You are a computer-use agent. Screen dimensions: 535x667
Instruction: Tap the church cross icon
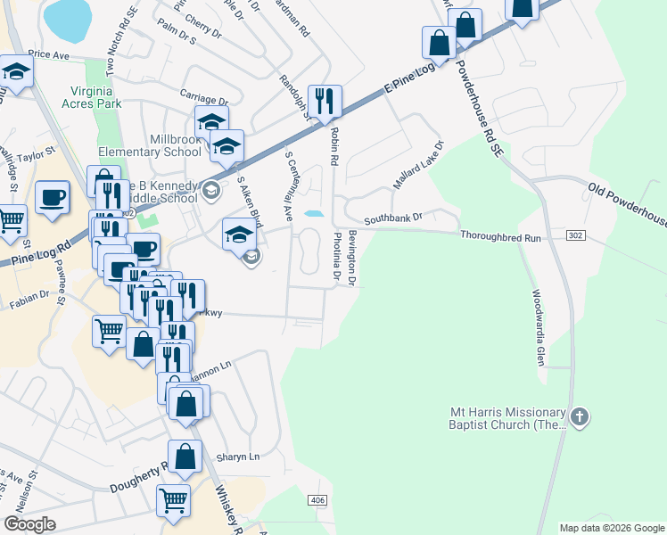580,416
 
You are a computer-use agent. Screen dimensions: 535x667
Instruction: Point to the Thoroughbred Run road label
501,238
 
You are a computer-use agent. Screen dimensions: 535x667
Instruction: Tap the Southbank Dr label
391,218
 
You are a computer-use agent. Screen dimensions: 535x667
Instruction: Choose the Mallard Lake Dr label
419,165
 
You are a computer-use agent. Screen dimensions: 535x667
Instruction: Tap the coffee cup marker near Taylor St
53,197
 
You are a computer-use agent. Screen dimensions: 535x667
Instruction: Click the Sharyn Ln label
237,457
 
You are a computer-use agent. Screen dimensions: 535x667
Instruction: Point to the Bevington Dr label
353,258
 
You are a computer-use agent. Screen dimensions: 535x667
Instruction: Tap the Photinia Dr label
337,258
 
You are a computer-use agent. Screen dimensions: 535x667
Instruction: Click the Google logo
29,523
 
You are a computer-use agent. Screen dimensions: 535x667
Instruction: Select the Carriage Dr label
204,101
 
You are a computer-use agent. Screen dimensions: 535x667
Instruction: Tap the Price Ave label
48,54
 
